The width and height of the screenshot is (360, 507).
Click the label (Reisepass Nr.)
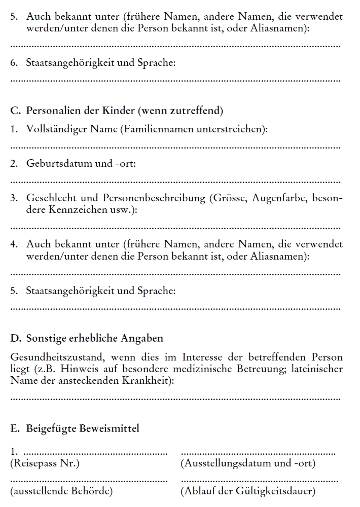click(x=45, y=463)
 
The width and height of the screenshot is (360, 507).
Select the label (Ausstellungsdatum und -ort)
click(x=248, y=463)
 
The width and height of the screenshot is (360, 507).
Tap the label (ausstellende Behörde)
click(x=61, y=491)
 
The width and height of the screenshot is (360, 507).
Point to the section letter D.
click(x=14, y=338)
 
